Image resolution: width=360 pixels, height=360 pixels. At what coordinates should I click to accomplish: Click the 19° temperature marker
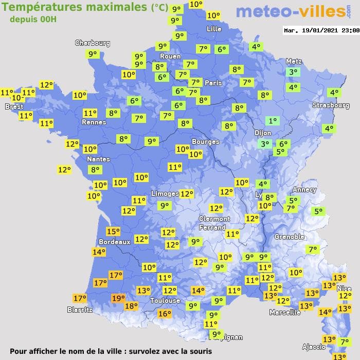(x=118, y=298)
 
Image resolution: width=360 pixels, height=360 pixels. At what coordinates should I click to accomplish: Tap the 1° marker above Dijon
(x=272, y=121)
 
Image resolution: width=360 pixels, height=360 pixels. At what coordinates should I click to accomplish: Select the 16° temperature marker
(x=164, y=314)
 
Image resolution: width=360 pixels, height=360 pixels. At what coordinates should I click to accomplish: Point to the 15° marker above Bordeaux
(x=113, y=231)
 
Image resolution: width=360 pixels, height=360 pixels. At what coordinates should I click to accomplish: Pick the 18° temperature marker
(x=131, y=306)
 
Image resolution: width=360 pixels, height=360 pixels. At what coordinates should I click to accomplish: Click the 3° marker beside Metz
(x=293, y=73)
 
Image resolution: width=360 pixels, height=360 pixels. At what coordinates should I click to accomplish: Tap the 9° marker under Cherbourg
(x=93, y=53)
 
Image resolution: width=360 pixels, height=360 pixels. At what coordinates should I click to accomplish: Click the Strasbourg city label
(x=331, y=105)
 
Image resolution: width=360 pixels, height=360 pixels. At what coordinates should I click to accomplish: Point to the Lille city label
(x=213, y=29)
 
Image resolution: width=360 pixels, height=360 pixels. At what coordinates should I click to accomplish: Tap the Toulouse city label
(x=165, y=301)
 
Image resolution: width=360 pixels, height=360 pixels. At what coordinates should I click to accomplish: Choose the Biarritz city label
(x=80, y=310)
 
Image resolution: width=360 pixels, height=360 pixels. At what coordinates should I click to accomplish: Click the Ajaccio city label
(x=314, y=347)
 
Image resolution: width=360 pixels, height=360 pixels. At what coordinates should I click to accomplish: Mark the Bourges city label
(x=205, y=141)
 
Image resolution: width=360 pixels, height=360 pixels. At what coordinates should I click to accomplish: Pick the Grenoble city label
(x=289, y=237)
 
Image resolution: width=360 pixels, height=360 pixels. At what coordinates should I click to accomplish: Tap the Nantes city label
(x=98, y=159)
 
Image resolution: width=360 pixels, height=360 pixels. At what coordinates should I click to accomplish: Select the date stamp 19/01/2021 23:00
(x=321, y=30)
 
